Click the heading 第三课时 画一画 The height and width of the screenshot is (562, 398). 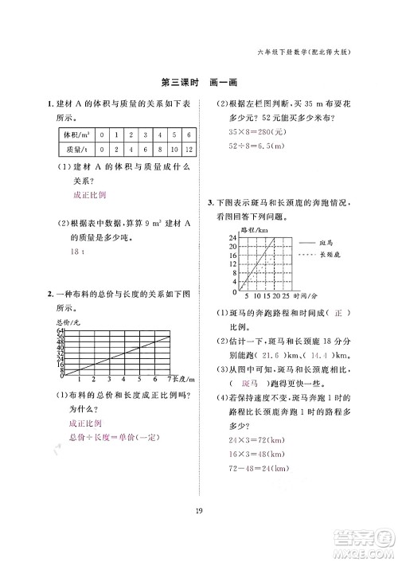pos(199,83)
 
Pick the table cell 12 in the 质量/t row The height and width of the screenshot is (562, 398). pos(188,148)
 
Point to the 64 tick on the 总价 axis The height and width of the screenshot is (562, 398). pos(60,330)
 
